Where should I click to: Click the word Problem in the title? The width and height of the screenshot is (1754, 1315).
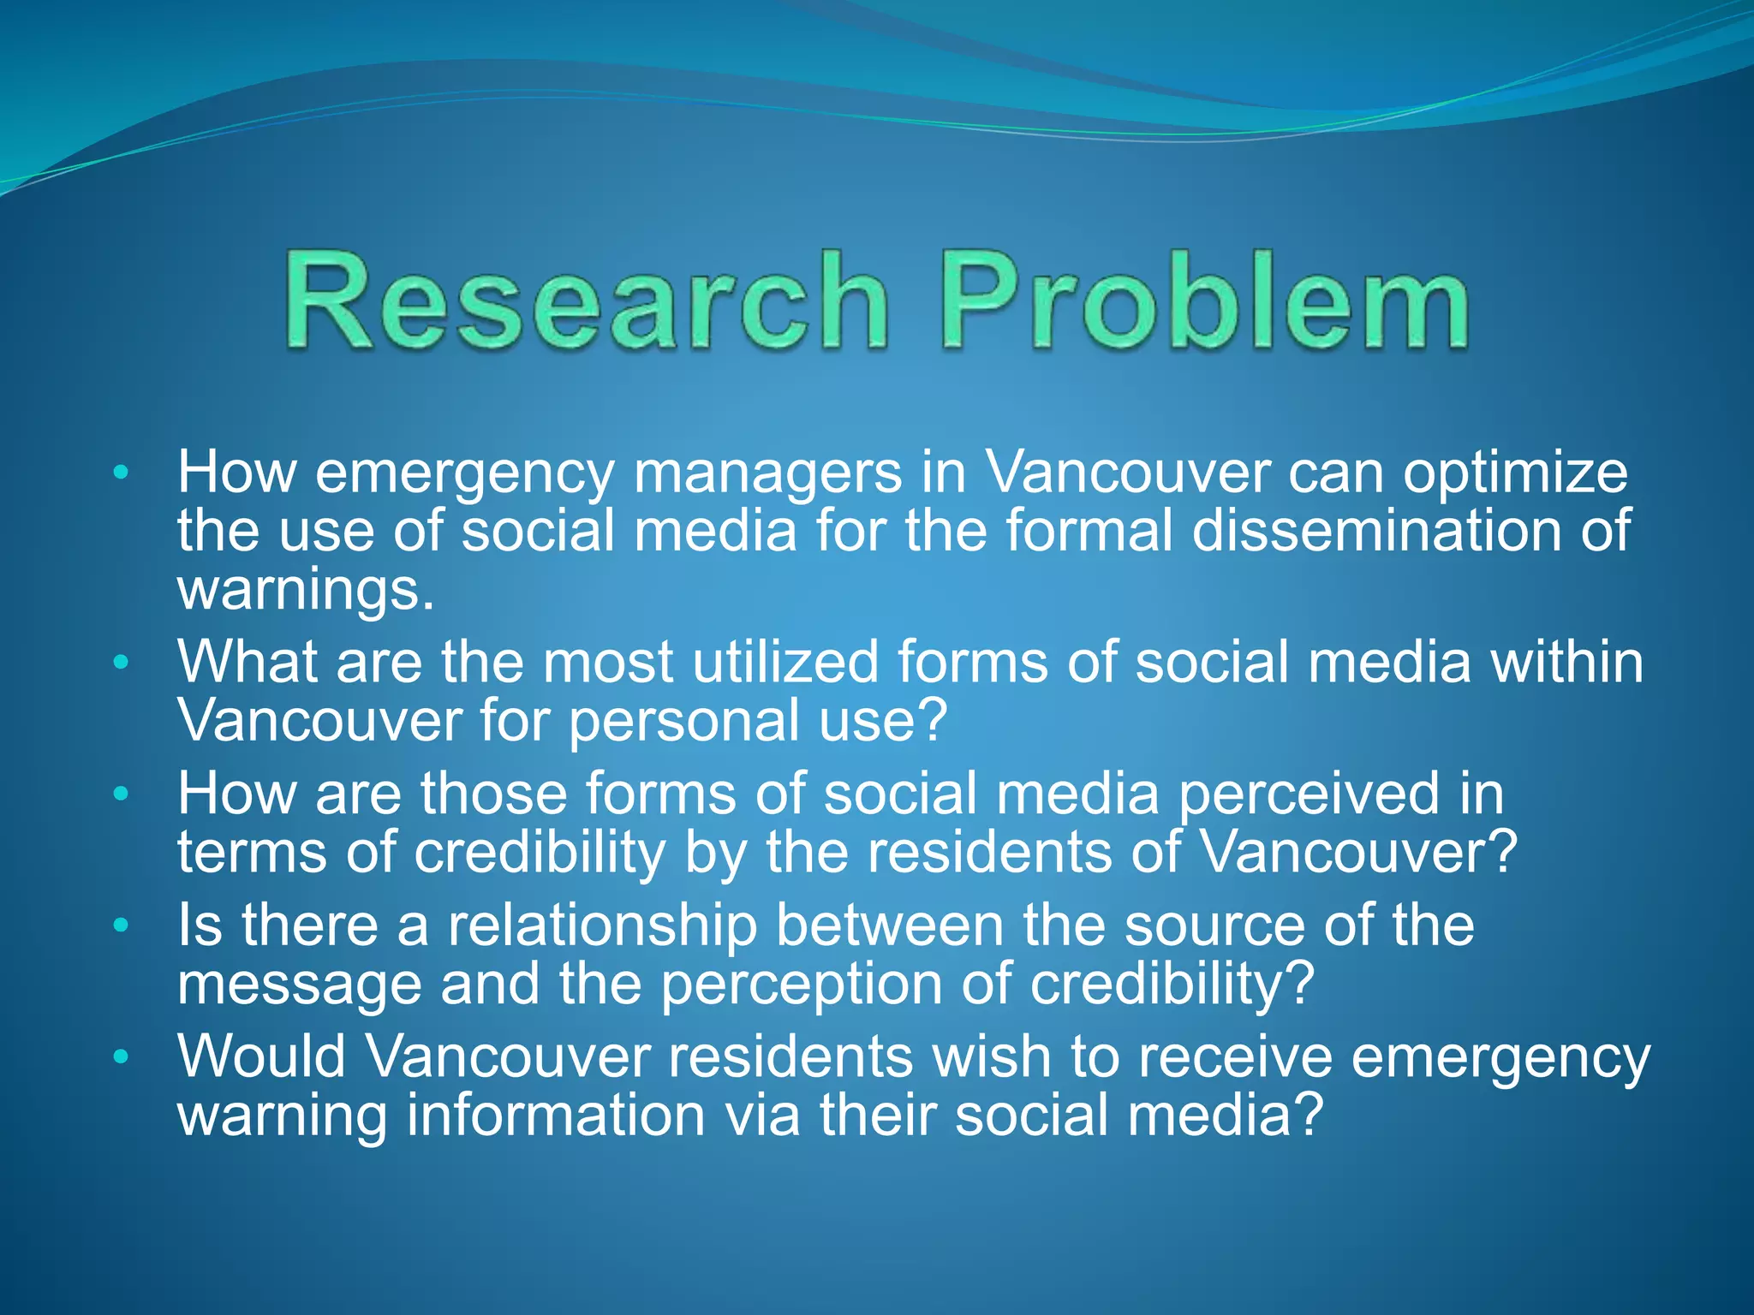point(1205,301)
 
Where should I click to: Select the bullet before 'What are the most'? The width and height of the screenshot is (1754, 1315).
point(121,662)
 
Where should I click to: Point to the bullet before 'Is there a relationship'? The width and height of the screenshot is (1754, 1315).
point(121,925)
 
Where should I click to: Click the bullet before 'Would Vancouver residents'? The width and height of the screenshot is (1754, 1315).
point(121,1056)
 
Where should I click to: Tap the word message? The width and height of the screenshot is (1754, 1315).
point(299,985)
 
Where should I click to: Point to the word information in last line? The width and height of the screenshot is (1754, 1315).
point(555,1116)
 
